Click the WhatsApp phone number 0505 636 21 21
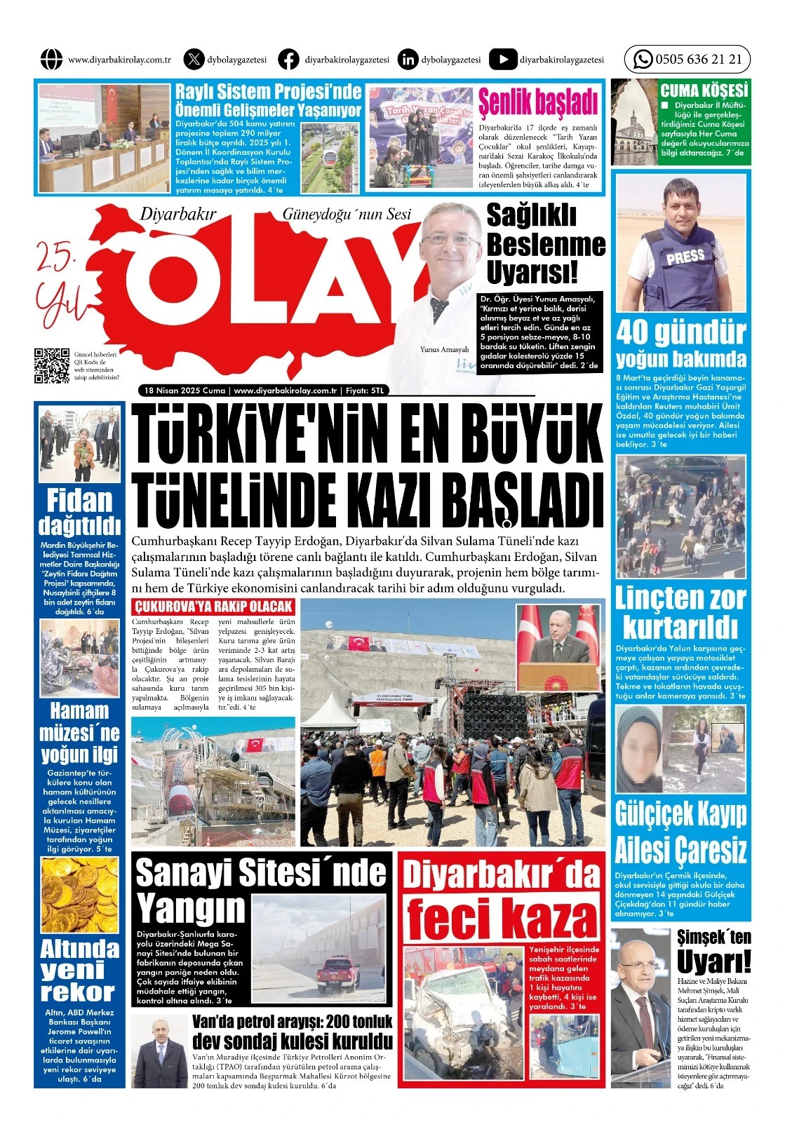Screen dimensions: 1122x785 coord(698,60)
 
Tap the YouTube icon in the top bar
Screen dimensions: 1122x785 coord(502,60)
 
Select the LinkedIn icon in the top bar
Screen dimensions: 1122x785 coord(407,60)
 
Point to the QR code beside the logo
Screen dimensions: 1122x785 coord(52,365)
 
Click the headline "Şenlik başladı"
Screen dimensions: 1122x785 coord(537,102)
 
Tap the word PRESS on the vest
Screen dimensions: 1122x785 coord(685,257)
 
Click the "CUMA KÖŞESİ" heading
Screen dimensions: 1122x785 coord(704,90)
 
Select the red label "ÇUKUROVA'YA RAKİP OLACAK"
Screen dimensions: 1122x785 coord(213,607)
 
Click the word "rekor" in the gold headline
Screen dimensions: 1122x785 coord(77,992)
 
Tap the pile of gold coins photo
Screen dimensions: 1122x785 coord(79,895)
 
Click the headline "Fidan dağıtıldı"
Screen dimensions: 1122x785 coord(79,513)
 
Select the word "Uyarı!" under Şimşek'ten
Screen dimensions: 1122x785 coord(713,961)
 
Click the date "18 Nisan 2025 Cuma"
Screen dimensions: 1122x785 coord(184,391)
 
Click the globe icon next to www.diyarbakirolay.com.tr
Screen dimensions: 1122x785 coord(51,60)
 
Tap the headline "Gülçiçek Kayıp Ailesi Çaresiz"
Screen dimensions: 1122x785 coord(680,833)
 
